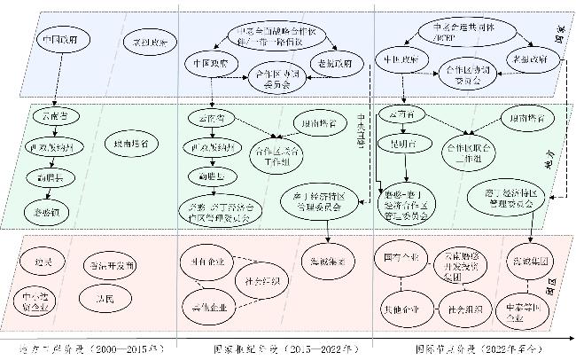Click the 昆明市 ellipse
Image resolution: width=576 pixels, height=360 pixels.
[x=403, y=143]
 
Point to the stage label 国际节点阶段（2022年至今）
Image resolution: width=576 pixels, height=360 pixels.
[x=463, y=348]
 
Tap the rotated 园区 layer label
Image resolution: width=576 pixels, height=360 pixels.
[x=551, y=289]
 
